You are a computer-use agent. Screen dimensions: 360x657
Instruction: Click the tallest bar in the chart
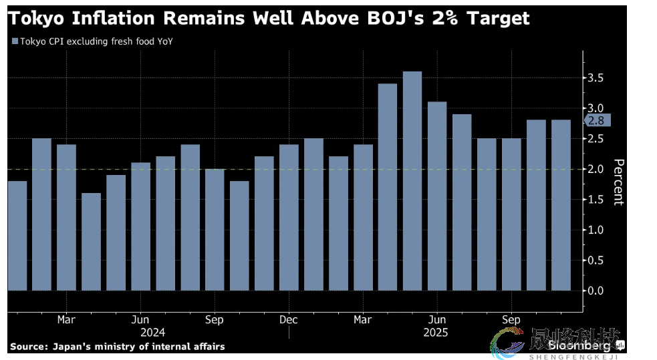[412, 180]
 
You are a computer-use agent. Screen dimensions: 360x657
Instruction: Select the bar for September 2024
[215, 230]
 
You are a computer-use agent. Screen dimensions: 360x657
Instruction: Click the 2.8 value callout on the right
[597, 120]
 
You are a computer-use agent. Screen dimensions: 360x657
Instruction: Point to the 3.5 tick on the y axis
[597, 78]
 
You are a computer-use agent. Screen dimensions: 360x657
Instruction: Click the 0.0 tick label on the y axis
[597, 291]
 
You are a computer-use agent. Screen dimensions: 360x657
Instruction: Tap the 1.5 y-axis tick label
[597, 199]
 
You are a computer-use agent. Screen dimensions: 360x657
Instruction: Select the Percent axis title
[618, 182]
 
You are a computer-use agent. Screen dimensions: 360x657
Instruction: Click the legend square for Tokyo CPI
[15, 41]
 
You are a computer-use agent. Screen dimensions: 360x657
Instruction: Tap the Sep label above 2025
[511, 320]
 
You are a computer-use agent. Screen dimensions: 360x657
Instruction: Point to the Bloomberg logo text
[580, 345]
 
